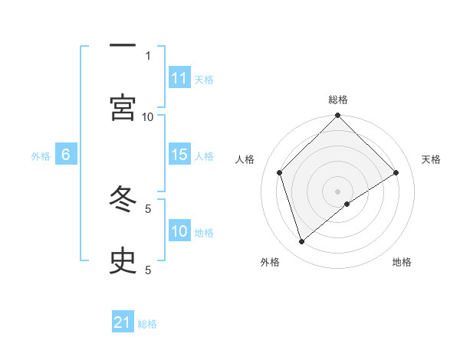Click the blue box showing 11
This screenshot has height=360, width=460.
179,78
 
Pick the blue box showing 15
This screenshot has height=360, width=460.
179,155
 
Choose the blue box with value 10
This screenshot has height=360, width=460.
179,231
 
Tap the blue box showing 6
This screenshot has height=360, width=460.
66,155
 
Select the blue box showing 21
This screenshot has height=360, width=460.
123,323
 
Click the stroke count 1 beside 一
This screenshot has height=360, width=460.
148,55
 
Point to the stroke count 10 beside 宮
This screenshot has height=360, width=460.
148,116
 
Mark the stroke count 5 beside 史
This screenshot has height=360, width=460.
148,270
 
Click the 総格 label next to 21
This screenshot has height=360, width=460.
147,324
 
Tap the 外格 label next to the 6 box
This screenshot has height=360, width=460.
41,156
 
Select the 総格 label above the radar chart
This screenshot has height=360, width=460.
338,100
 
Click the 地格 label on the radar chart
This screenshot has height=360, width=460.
402,262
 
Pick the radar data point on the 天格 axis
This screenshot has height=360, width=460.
396,172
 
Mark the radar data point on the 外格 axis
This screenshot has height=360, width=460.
302,242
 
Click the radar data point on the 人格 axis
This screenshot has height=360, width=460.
280,172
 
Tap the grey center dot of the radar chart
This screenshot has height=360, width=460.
338,191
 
